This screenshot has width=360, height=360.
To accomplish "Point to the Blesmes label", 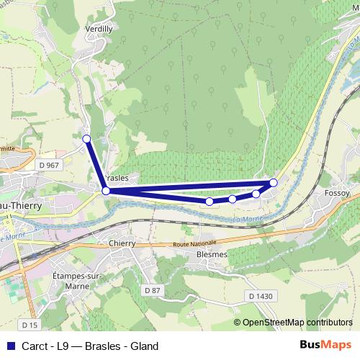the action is click(x=212, y=254).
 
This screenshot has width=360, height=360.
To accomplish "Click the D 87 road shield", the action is click(x=151, y=289).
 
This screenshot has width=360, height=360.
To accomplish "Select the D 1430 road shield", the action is click(x=261, y=295).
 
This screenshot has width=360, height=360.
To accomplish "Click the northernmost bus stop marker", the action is click(x=86, y=138).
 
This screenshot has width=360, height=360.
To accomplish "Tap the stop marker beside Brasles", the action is click(x=106, y=191).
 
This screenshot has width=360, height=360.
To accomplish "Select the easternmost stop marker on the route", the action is click(x=274, y=183).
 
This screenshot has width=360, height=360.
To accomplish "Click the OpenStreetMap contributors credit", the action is click(x=298, y=323).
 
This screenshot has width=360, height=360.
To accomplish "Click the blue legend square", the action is click(x=9, y=346).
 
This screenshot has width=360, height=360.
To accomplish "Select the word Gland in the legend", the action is click(x=144, y=346).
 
